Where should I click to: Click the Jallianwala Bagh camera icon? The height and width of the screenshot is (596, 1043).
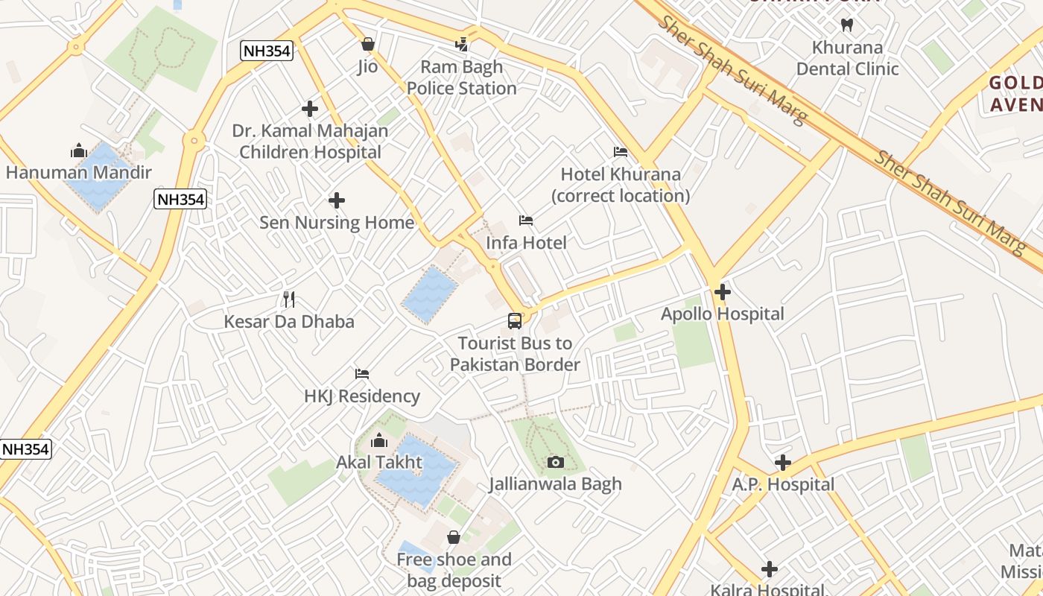tap(555, 463)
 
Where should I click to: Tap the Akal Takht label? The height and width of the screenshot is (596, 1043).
tap(379, 463)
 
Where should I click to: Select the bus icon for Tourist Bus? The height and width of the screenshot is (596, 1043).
tap(515, 321)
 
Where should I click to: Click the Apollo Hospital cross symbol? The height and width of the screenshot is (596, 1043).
tap(722, 292)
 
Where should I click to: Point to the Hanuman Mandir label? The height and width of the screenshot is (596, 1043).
tap(79, 173)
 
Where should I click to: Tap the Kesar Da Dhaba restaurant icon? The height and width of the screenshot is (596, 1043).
tap(290, 299)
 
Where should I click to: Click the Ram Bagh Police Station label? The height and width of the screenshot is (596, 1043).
tap(461, 77)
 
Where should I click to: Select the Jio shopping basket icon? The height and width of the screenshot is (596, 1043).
tap(367, 44)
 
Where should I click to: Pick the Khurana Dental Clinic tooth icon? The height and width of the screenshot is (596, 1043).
tap(846, 25)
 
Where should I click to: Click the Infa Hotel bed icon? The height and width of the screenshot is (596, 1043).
tap(526, 221)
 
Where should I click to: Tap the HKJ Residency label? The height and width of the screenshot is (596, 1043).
tap(362, 396)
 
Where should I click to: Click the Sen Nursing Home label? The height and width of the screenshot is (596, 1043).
tap(337, 223)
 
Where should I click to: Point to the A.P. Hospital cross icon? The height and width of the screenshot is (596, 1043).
tap(782, 463)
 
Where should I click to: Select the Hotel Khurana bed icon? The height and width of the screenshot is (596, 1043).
tap(621, 152)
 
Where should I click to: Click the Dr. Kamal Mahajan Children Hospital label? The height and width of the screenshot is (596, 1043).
tap(310, 142)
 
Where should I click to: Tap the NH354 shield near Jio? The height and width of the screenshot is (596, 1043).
tap(267, 51)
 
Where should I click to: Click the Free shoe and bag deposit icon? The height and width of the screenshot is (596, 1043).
tap(454, 537)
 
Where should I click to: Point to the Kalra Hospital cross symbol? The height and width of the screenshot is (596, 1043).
tap(770, 570)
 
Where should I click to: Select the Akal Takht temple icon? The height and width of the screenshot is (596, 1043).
tap(379, 440)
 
